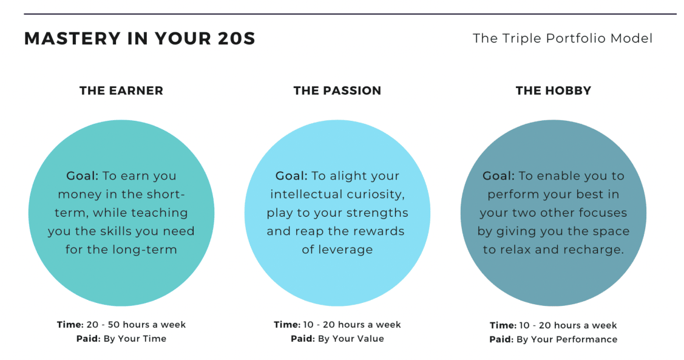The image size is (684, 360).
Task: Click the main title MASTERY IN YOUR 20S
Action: click(140, 38)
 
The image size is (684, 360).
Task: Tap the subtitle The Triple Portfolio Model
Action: click(563, 38)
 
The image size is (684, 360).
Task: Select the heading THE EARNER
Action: click(121, 91)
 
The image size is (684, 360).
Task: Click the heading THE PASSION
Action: click(337, 91)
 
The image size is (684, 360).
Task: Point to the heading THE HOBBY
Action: click(554, 91)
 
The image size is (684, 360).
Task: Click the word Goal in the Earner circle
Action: click(81, 176)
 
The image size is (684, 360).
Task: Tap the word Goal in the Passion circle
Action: click(290, 176)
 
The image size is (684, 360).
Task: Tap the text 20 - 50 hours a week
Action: click(136, 325)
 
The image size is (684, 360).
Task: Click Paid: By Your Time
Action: click(121, 339)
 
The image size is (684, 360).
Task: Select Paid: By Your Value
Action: click(337, 339)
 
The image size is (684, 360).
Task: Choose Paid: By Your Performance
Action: click(553, 339)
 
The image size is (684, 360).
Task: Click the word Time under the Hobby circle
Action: click(502, 325)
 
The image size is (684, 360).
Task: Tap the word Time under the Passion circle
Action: click(286, 325)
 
